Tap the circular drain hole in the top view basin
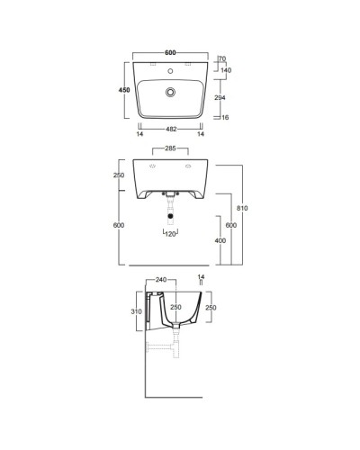coord(170,92)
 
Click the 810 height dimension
coord(241,208)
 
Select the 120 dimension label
coord(169,235)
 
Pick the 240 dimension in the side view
coord(161,280)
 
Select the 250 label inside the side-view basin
coord(177,307)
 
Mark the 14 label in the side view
coord(201,278)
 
